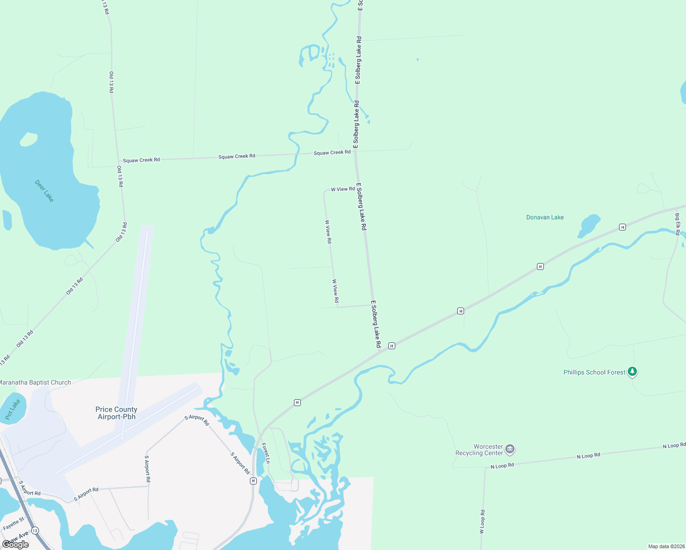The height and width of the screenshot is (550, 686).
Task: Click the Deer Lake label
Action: pos(44,191)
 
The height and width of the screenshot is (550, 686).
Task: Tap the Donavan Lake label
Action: pos(545,217)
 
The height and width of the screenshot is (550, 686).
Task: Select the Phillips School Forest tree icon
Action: pos(632,372)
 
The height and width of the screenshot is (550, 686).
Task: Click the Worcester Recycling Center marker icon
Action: pos(510,450)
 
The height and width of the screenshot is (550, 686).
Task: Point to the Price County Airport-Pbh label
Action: pos(116,413)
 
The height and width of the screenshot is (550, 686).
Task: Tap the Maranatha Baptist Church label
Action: pos(35,382)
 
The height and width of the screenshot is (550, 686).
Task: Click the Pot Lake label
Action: pos(13,409)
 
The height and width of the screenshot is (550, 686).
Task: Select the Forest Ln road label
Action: pos(266,453)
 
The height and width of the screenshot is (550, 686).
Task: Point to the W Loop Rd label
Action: pos(482,522)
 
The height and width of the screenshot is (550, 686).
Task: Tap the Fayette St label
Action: pos(13,524)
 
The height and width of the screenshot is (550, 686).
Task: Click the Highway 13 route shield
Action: pos(35,531)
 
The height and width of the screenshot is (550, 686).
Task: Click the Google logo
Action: pos(16,544)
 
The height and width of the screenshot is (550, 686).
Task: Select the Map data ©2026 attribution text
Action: pos(666,546)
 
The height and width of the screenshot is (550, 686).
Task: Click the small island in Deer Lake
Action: pos(28,139)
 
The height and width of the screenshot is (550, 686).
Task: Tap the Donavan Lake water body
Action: pos(590,225)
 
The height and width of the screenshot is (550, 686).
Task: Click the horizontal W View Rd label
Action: pos(343,189)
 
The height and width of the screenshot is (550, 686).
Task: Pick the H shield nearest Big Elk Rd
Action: pos(622,227)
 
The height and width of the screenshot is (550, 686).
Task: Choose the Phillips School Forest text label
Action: pos(594,372)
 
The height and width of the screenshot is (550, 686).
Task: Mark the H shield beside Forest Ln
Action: pos(253,481)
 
